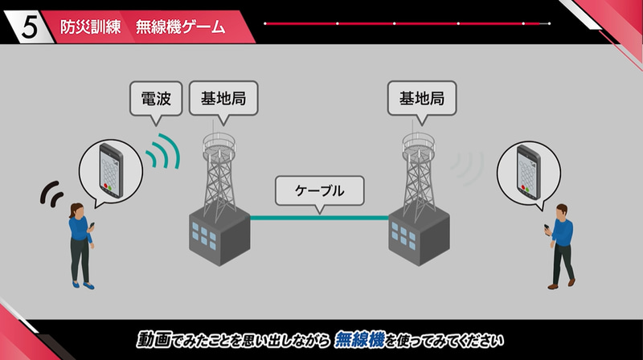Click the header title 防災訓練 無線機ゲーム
click(x=143, y=26)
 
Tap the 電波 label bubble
click(x=154, y=100)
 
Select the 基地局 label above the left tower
click(x=217, y=100)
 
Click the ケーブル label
click(x=319, y=191)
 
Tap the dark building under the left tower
click(x=218, y=233)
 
